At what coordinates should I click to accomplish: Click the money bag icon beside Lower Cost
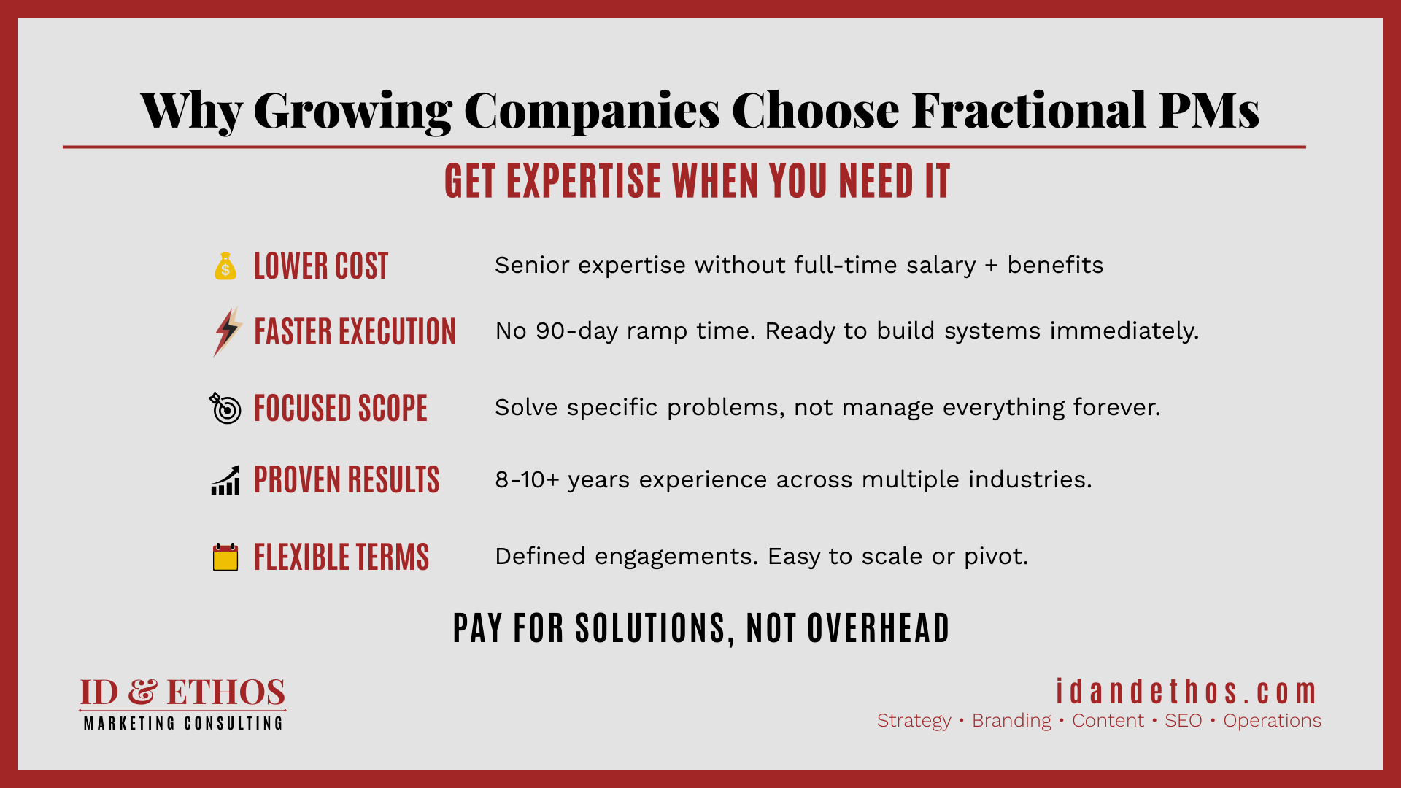225,266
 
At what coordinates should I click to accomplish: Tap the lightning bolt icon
228,332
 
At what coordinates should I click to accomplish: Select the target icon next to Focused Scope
225,408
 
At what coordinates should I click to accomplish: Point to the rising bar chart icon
225,480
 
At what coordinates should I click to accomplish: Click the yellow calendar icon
225,557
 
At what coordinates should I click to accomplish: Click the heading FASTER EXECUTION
355,332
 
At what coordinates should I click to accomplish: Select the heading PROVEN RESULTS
347,480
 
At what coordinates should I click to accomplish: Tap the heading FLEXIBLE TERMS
341,557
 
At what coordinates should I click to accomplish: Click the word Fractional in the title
1029,111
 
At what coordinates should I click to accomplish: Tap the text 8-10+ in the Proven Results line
527,480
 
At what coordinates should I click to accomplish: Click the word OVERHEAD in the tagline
879,628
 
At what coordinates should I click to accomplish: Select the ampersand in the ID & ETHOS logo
142,692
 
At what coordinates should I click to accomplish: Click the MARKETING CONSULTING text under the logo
183,723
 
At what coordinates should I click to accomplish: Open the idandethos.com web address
1186,692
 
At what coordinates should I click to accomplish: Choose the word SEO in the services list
1183,721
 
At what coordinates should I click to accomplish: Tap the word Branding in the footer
1011,721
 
